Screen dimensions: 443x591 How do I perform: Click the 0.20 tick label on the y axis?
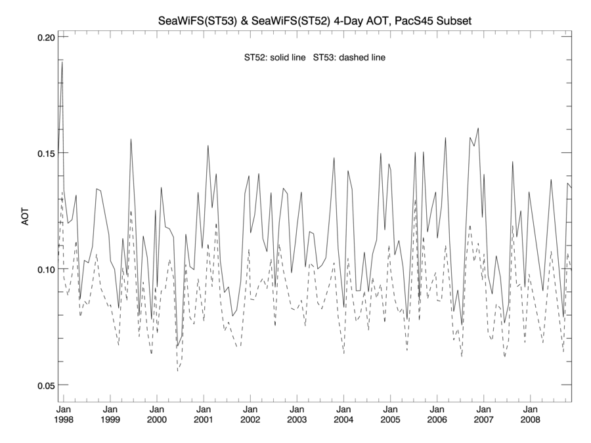[44, 37]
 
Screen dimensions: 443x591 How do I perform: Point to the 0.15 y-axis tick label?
[44, 153]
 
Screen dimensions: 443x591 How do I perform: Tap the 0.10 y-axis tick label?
[44, 269]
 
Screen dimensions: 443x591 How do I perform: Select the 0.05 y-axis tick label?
[44, 385]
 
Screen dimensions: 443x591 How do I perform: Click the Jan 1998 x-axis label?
[64, 412]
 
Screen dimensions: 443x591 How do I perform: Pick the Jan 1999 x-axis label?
[110, 412]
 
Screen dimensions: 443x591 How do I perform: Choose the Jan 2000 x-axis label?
[157, 412]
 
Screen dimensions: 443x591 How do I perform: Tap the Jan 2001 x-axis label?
[204, 412]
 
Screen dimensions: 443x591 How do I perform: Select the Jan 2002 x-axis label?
[250, 412]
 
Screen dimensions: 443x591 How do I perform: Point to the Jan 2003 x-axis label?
[297, 412]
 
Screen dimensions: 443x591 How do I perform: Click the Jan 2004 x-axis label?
[343, 412]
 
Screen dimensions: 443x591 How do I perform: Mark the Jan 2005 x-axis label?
[390, 412]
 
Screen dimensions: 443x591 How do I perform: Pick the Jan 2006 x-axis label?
[437, 412]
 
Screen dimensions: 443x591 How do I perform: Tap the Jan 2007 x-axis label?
[483, 412]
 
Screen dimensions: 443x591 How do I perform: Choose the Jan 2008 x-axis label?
[530, 412]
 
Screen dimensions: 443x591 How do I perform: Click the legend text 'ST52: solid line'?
[274, 58]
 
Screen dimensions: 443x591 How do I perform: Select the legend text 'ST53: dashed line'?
[349, 58]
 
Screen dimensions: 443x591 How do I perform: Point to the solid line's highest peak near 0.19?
[62, 62]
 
